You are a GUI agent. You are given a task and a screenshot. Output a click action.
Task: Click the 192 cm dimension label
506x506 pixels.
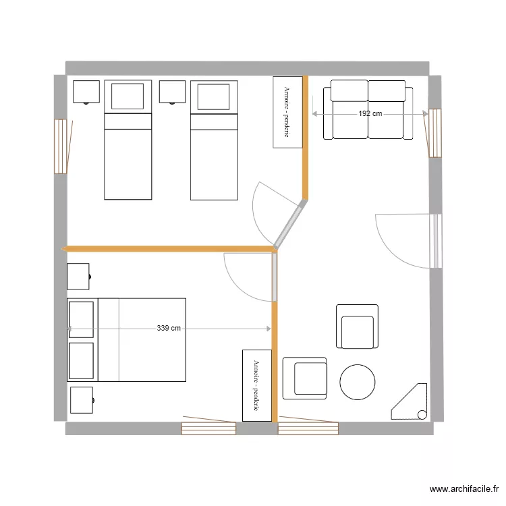[x=370, y=114]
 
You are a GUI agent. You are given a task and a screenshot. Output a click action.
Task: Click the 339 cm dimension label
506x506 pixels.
[x=169, y=329]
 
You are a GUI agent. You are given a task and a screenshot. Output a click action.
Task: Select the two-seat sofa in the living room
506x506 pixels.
[x=368, y=110]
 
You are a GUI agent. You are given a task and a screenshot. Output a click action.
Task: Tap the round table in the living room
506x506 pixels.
[x=357, y=383]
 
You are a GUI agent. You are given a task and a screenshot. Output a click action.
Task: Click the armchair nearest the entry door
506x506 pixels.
[x=358, y=327]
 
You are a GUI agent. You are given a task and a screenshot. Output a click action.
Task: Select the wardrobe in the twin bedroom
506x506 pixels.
[x=286, y=112]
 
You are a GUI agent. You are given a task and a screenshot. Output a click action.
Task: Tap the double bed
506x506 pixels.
[x=126, y=339]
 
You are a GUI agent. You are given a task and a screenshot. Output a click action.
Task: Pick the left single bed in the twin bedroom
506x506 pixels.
[x=128, y=140]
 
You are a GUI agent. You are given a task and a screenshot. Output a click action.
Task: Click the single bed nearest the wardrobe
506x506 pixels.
[x=214, y=140]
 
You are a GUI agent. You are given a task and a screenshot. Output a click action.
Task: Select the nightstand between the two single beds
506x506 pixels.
[x=172, y=92]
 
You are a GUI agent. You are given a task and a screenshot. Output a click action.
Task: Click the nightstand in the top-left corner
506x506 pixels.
[x=86, y=92]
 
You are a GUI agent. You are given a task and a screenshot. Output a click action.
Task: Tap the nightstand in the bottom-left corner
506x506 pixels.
[x=82, y=400]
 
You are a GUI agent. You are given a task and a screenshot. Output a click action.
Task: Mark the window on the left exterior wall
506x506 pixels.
[x=61, y=146]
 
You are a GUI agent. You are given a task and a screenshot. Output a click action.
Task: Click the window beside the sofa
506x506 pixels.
[x=434, y=133]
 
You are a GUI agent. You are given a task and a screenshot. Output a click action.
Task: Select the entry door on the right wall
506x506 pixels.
[x=435, y=241]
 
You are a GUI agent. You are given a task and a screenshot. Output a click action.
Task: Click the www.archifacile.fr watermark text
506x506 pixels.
[x=464, y=489]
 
